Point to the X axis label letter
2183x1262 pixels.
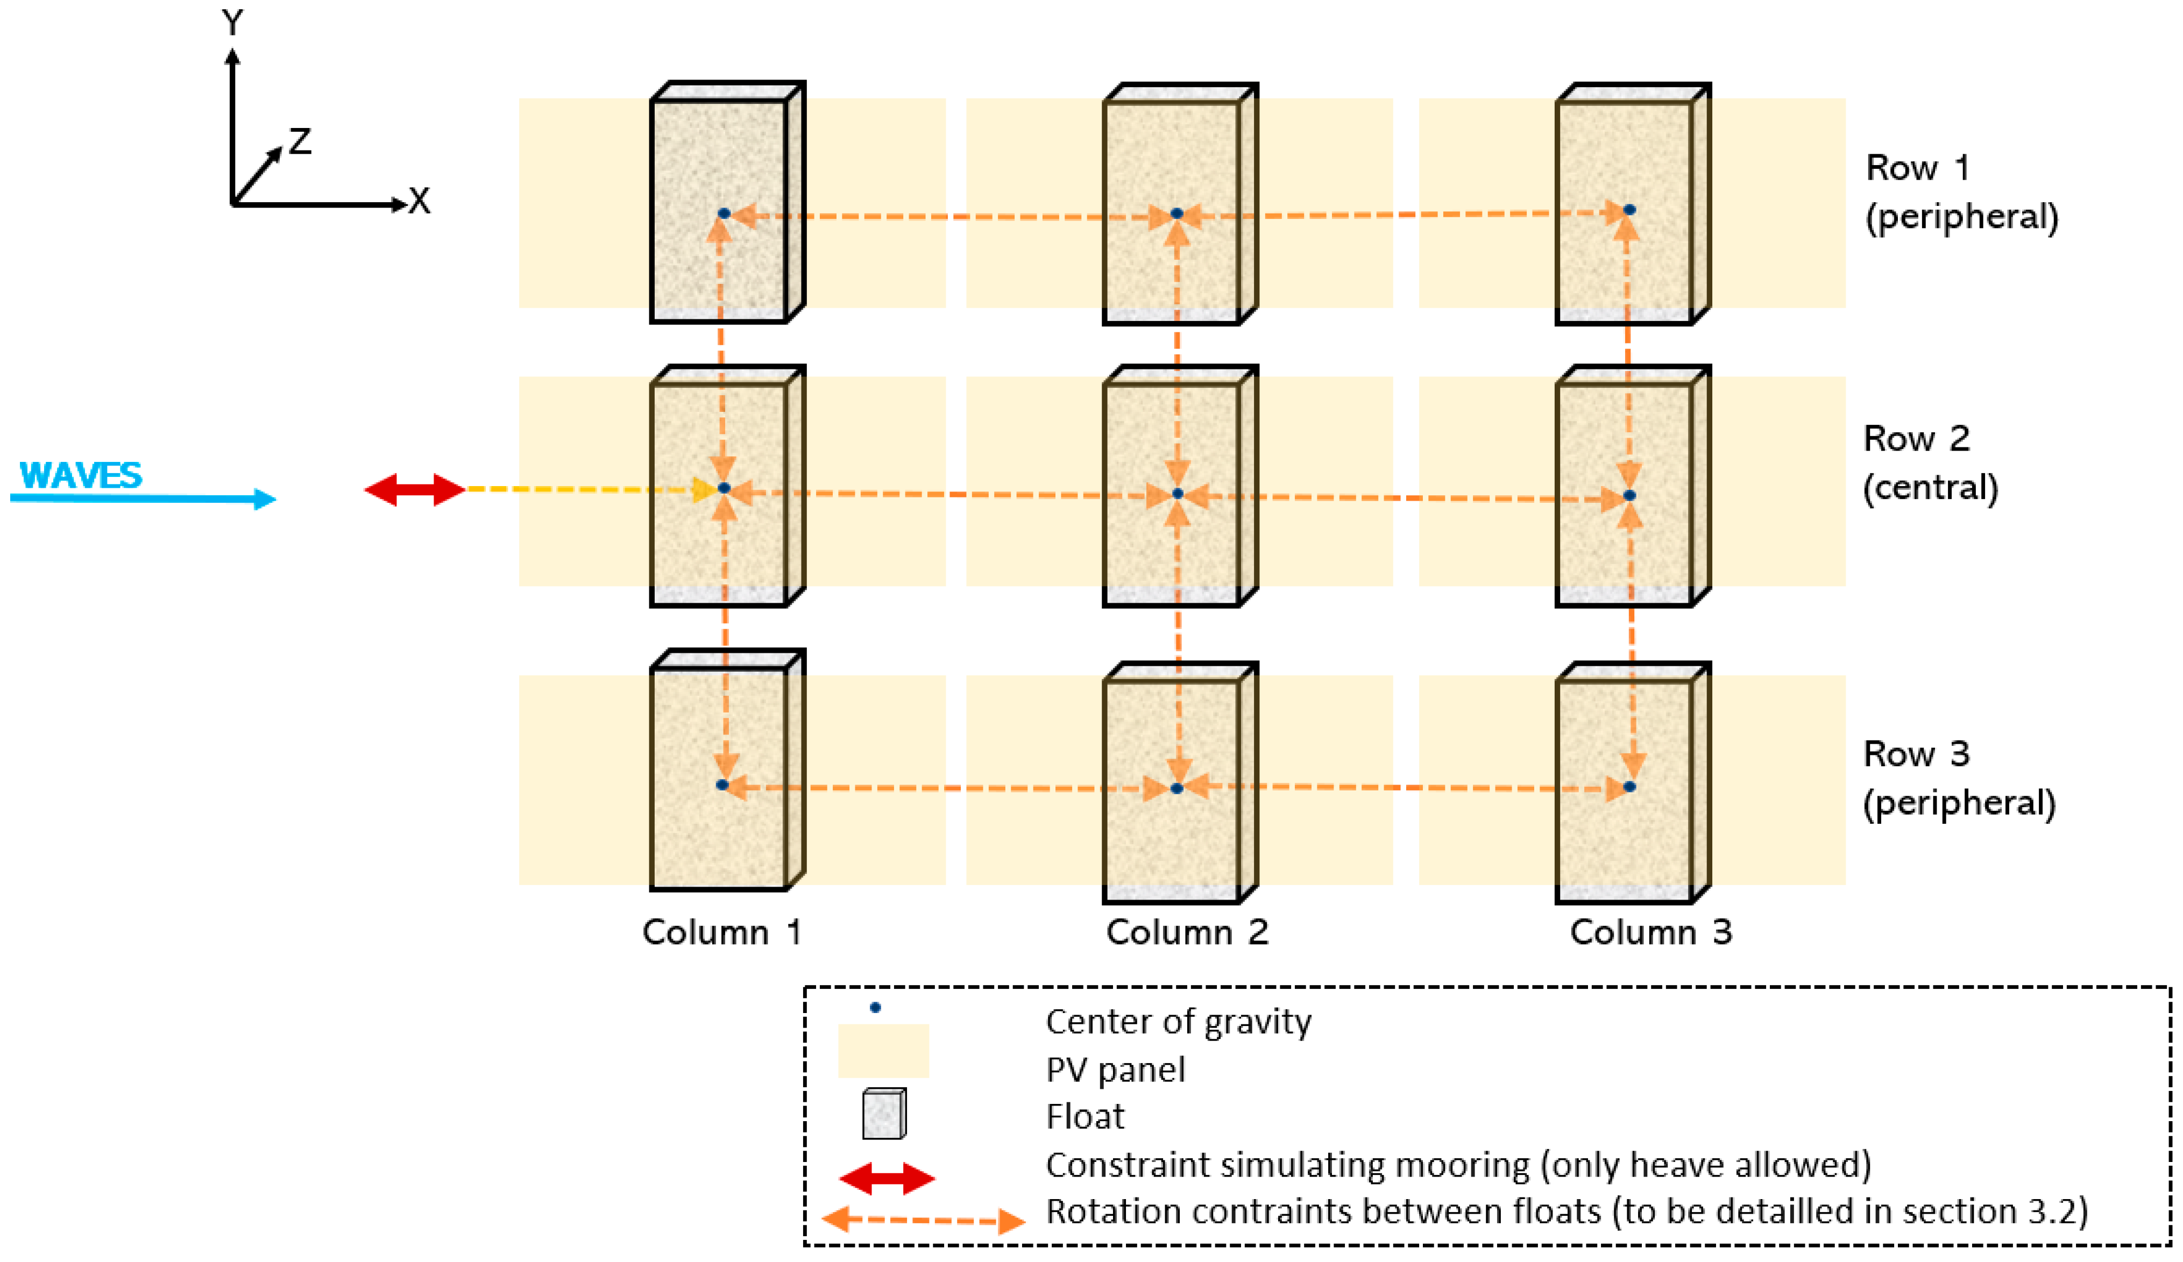click(x=419, y=202)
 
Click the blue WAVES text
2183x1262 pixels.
click(x=81, y=475)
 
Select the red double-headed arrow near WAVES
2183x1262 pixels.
click(x=415, y=489)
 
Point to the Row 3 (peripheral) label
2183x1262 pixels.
click(x=1959, y=778)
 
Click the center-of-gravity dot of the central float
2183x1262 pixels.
click(x=1177, y=494)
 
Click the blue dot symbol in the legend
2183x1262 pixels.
click(x=875, y=1007)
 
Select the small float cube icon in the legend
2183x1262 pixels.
click(x=884, y=1114)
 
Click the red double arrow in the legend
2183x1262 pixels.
click(x=887, y=1179)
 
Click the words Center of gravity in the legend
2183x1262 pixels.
click(x=1178, y=1022)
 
